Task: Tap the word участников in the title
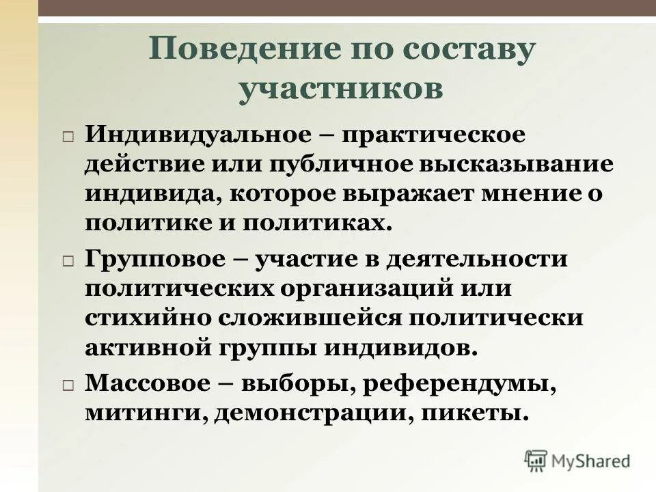[x=340, y=90]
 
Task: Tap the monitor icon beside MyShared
[x=536, y=460]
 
